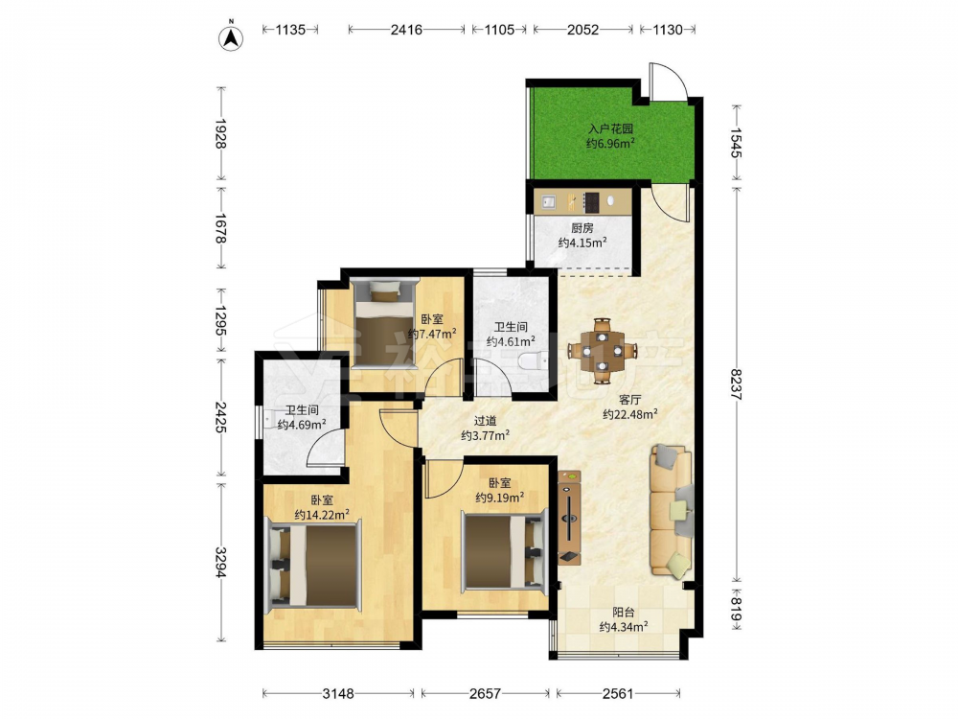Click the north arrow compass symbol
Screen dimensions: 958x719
(x=231, y=36)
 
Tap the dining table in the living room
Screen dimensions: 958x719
(x=602, y=351)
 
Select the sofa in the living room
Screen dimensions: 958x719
(x=673, y=511)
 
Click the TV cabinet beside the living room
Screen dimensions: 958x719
(x=569, y=518)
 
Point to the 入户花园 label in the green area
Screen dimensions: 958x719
(x=610, y=129)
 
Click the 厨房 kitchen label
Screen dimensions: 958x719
(x=582, y=228)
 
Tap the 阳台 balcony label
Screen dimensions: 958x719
(x=624, y=612)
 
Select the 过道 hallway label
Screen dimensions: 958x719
(x=486, y=421)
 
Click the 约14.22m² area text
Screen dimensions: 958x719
(x=322, y=515)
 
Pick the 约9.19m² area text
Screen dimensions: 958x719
(x=500, y=498)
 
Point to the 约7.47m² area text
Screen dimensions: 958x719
(x=433, y=334)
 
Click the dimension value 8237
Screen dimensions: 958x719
(x=736, y=384)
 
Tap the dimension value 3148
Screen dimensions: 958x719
(x=338, y=693)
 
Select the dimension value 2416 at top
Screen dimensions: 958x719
(x=406, y=30)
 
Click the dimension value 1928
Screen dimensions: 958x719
(x=220, y=133)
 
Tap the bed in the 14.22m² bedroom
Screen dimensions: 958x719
(x=312, y=565)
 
